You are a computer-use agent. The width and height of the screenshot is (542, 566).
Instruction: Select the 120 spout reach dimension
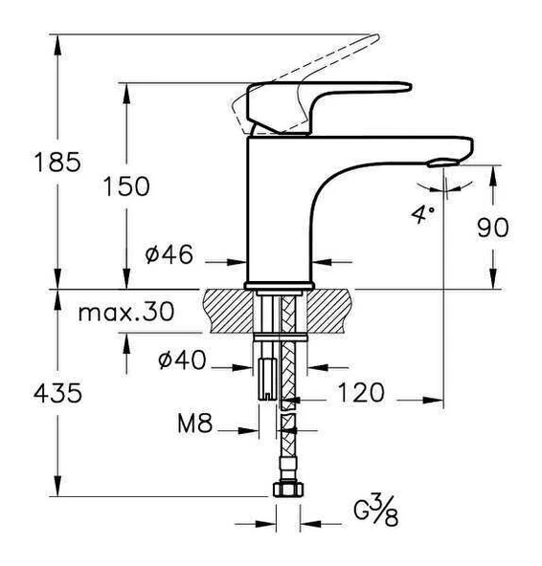tap(360, 392)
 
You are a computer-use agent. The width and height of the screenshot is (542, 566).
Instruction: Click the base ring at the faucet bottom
tap(280, 285)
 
